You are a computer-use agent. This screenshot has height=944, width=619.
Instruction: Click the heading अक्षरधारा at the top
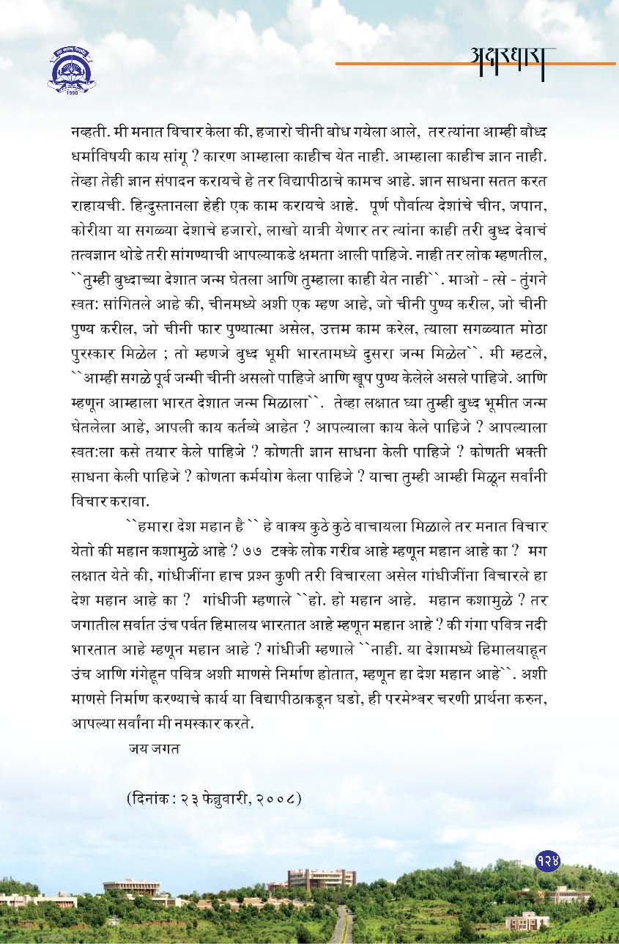pos(513,56)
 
